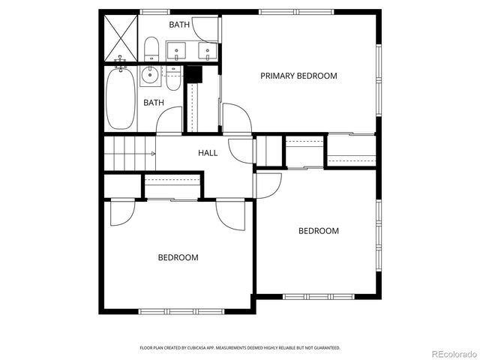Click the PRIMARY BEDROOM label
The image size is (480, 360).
coord(298,76)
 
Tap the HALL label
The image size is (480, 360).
coord(208,153)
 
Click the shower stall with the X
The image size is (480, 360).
coord(120,37)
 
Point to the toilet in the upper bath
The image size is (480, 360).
coord(151,49)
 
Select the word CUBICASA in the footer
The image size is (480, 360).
coord(205,348)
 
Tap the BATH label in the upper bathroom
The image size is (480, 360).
coord(179,25)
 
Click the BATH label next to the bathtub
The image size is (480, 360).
coord(154,103)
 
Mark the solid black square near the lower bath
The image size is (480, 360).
coord(193,74)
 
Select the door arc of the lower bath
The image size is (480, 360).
coord(169,120)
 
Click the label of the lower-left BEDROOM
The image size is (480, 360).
coord(178,258)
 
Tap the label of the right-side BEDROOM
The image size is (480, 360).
coord(319,231)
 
